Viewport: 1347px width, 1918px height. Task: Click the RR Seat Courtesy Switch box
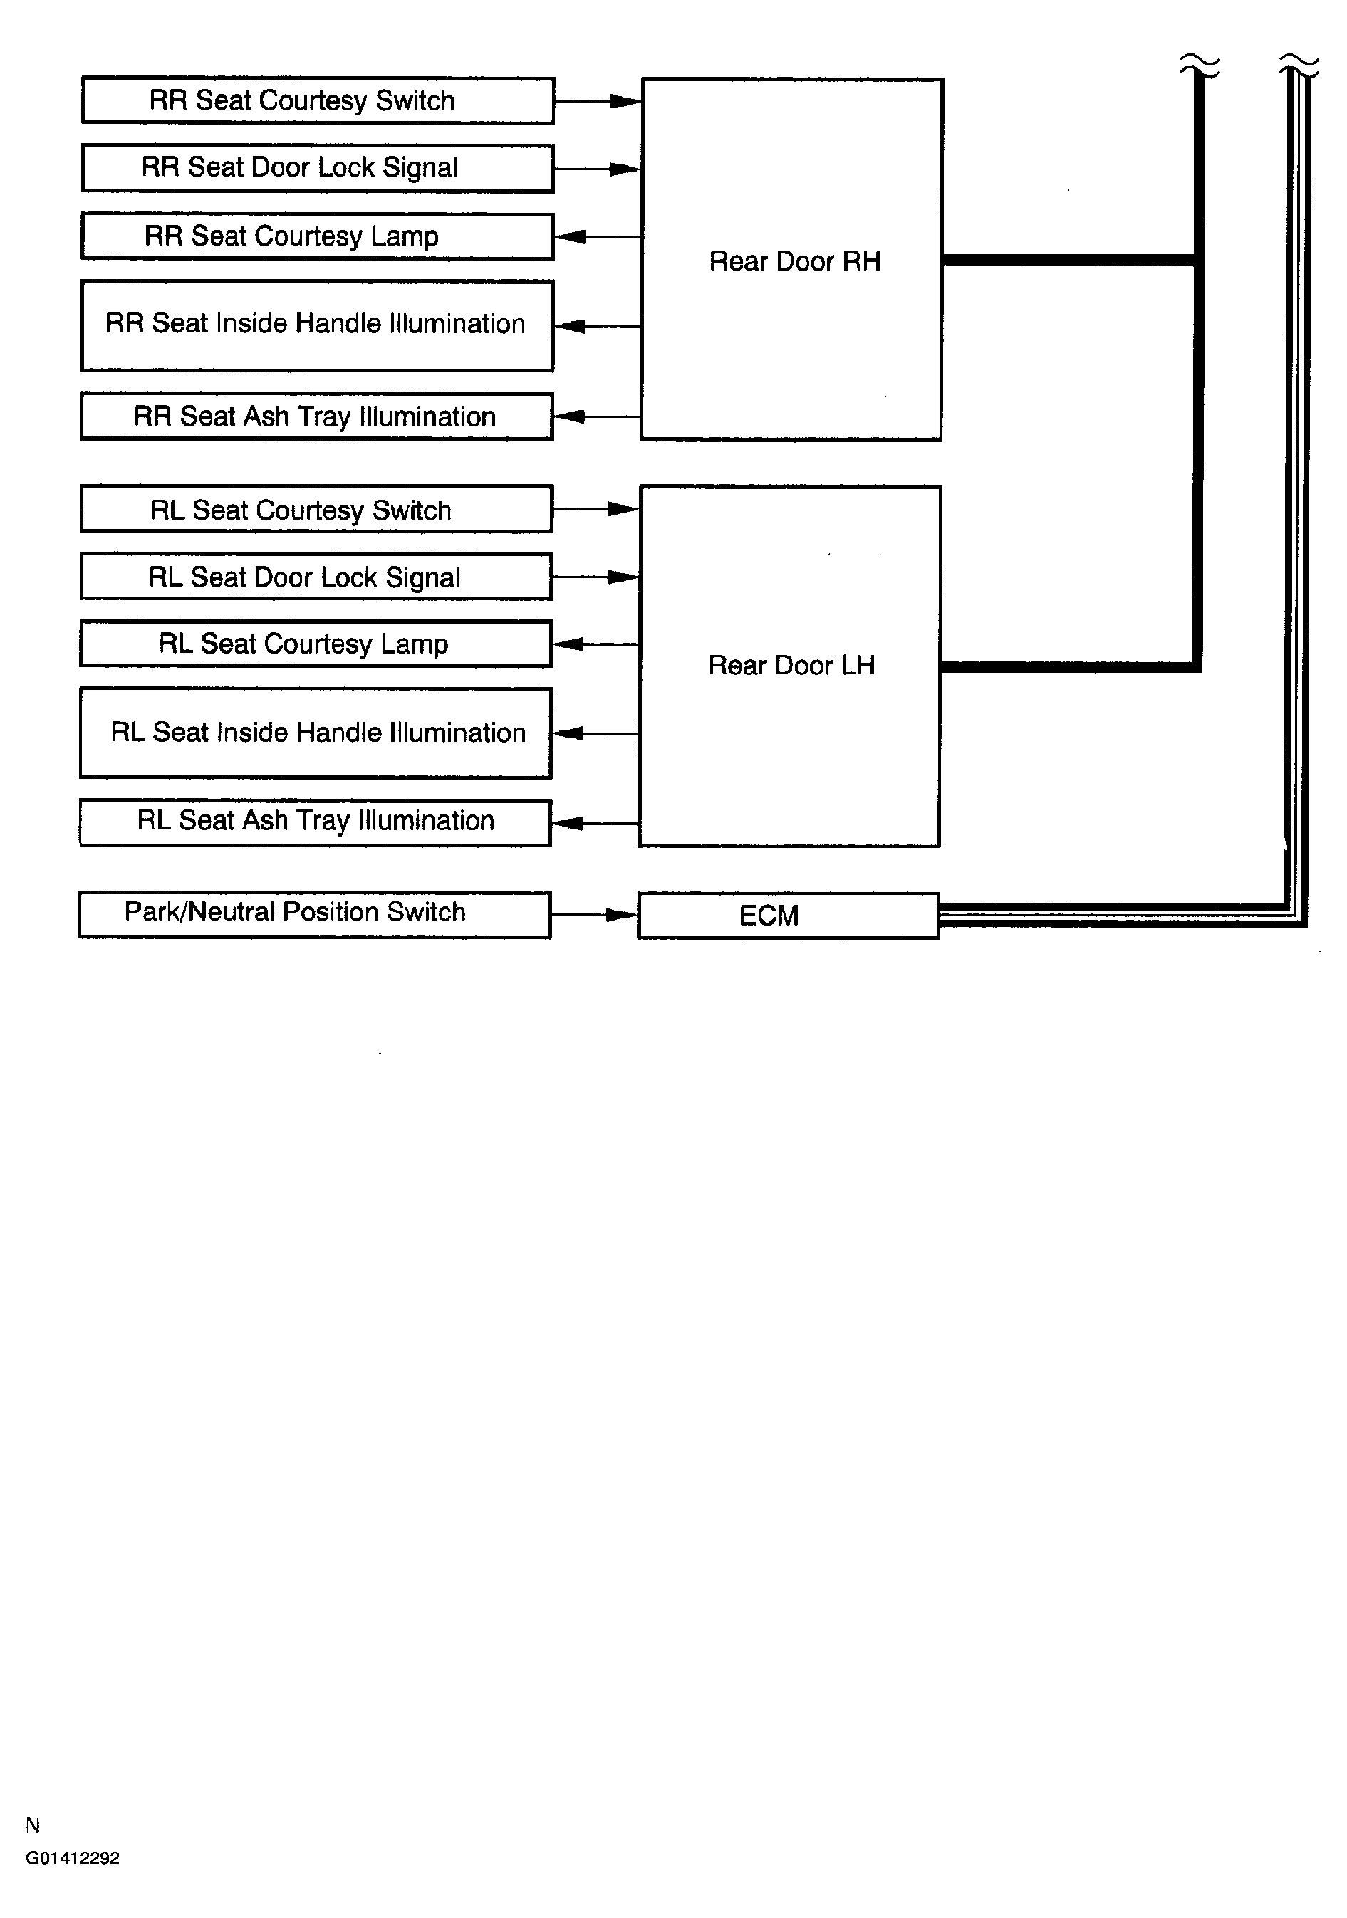pos(318,101)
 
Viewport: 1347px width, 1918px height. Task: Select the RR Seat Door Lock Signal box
pos(318,168)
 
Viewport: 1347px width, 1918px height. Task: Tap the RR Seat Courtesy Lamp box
pos(318,236)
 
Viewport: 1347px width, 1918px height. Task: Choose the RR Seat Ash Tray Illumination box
pos(318,416)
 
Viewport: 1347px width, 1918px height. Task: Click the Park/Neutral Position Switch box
pos(315,914)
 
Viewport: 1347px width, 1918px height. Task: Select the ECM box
pos(788,916)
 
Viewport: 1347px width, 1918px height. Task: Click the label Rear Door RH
pos(795,261)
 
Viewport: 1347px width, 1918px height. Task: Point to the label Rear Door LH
pos(791,665)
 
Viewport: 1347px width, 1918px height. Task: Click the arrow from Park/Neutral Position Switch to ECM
pos(594,915)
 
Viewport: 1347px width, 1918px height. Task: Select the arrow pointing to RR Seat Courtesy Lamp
pos(597,237)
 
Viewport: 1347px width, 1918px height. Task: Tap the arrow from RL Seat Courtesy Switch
pos(596,509)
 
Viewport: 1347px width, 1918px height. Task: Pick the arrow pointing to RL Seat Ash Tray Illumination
pos(595,824)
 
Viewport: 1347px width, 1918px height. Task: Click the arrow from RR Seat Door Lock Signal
pos(597,169)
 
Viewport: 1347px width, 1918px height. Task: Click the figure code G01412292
pos(73,1858)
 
